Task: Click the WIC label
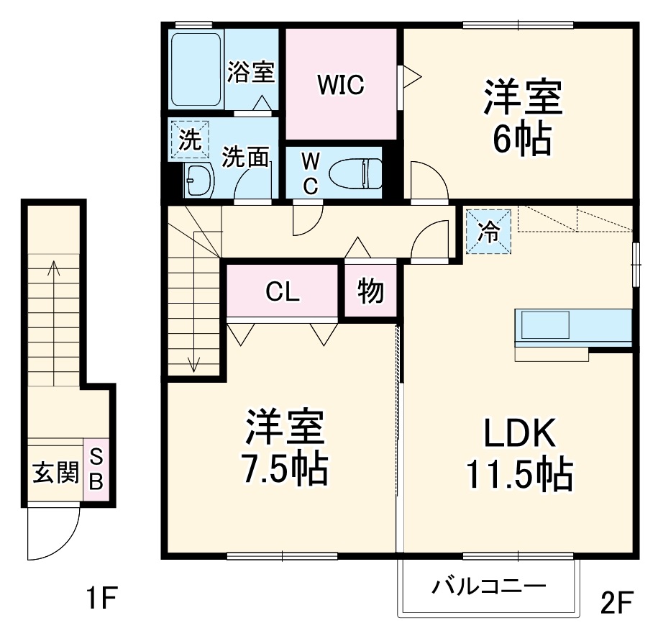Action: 342,85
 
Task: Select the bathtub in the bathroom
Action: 196,70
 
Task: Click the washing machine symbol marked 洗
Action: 188,140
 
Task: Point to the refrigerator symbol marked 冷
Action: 489,232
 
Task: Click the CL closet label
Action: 282,292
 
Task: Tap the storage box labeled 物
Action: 370,291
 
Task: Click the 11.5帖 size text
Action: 519,474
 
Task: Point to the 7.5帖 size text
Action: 283,469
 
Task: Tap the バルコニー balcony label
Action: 488,588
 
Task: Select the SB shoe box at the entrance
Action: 96,468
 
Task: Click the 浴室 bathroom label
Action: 251,72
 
